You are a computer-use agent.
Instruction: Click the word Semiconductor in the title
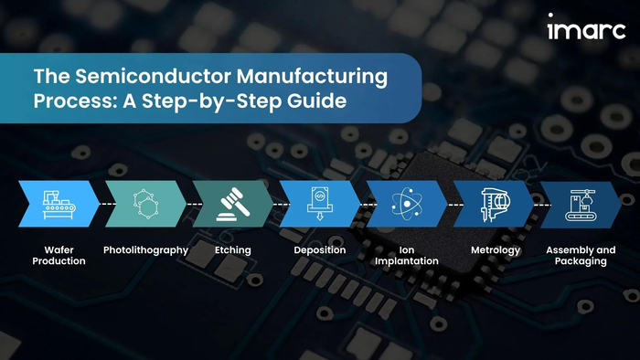(153, 76)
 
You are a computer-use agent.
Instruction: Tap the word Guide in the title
(316, 101)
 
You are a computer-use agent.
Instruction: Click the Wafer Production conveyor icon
(59, 205)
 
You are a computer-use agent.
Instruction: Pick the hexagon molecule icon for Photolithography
(145, 204)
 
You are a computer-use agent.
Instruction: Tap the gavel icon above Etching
(233, 205)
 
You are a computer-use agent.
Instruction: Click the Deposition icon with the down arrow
(320, 204)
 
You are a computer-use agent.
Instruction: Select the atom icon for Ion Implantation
(407, 204)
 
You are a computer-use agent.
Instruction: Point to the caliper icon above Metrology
(495, 205)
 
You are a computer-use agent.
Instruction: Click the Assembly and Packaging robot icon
(581, 205)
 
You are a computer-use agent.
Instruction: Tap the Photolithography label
(145, 250)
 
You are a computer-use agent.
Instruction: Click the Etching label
(233, 250)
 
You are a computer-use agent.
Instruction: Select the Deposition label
(320, 250)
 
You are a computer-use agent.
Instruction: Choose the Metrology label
(496, 250)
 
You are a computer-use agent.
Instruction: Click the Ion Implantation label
(407, 256)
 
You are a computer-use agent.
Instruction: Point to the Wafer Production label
(59, 255)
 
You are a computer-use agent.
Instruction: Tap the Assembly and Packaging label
(581, 256)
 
